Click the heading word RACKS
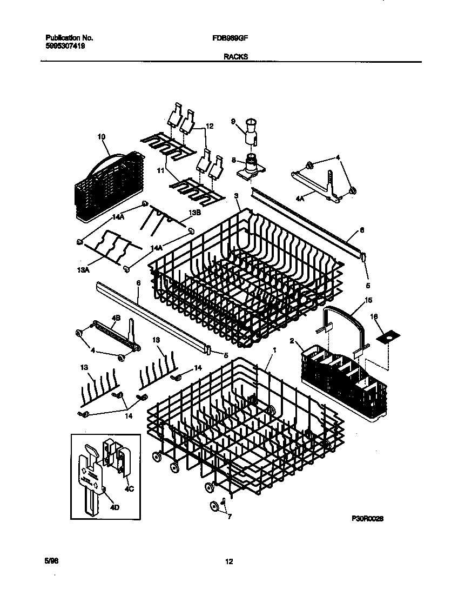(x=235, y=56)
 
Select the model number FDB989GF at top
(x=231, y=38)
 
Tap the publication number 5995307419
(x=65, y=47)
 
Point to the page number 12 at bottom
(x=228, y=561)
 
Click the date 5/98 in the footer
(x=52, y=561)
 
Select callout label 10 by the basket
(x=101, y=137)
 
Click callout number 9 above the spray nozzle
(x=233, y=122)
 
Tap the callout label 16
(x=374, y=315)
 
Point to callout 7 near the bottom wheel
(x=230, y=517)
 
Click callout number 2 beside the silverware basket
(x=292, y=341)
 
